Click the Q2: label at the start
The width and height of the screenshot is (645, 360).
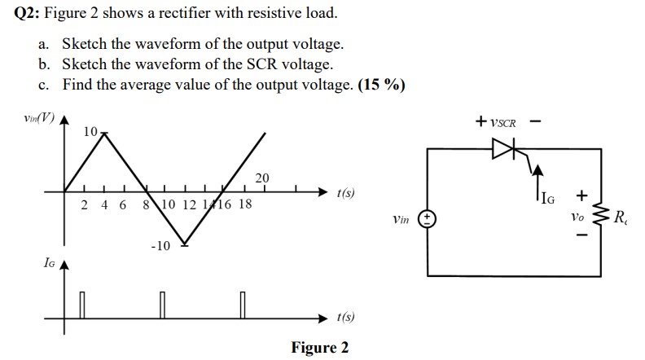(x=30, y=14)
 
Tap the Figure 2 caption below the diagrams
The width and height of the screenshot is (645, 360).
(x=320, y=348)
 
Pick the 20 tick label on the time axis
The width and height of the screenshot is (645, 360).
(x=261, y=178)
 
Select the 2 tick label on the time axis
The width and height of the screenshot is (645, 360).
(x=85, y=204)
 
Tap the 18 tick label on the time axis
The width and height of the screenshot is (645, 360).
(x=244, y=204)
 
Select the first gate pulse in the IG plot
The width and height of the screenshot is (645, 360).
(x=81, y=305)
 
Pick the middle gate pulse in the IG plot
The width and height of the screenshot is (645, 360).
(x=162, y=305)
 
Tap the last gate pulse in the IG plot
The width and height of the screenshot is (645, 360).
(x=243, y=305)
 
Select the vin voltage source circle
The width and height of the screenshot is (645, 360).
(x=428, y=219)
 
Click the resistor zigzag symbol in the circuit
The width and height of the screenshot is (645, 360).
(x=603, y=217)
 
